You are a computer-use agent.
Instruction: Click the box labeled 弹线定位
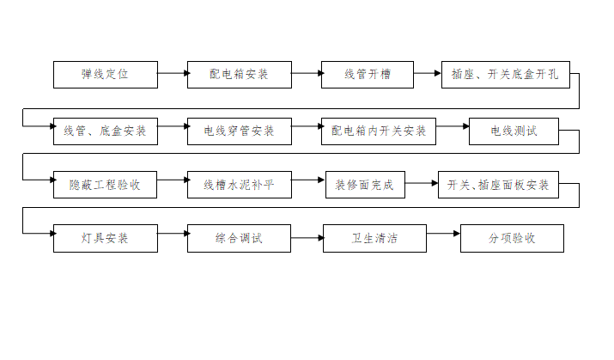tap(105, 75)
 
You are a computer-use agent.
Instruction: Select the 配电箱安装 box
tap(240, 75)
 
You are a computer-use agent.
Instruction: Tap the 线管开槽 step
tap(368, 75)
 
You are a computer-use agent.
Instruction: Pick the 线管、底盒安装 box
tap(105, 131)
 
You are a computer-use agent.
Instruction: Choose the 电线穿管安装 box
tap(240, 131)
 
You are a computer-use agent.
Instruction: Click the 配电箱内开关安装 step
tap(379, 131)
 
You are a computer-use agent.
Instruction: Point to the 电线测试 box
tap(514, 131)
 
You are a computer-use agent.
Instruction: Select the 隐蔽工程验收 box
tap(105, 185)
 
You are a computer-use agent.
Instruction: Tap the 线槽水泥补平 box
tap(240, 185)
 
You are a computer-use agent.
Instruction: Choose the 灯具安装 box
tap(105, 238)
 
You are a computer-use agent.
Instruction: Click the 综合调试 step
tap(240, 238)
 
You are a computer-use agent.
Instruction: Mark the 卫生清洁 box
tap(374, 238)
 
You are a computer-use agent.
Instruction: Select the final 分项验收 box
tap(512, 238)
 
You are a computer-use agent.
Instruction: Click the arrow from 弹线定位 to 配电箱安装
tap(173, 75)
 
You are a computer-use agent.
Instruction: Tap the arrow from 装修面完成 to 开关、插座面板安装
tap(421, 183)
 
